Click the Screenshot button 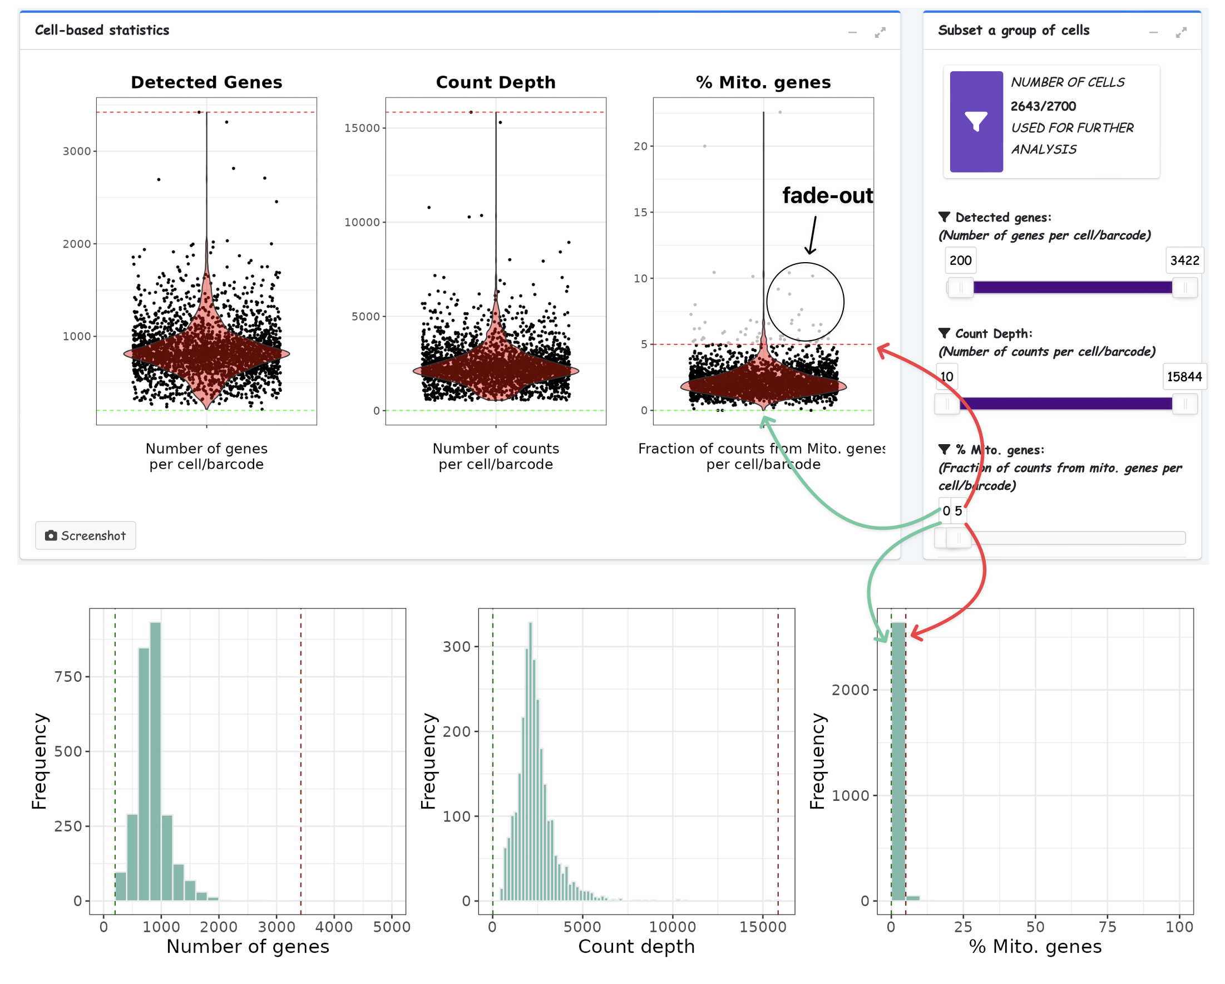point(86,535)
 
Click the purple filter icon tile point(976,122)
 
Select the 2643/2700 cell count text point(1043,106)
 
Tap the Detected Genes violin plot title point(206,82)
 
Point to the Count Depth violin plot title point(496,82)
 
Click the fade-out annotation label point(827,195)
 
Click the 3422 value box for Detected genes point(1184,260)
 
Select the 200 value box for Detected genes point(960,260)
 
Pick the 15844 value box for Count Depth point(1184,376)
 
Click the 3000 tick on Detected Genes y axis point(77,151)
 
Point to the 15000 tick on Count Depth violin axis point(362,128)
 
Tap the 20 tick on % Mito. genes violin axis point(640,146)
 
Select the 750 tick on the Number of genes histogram point(68,676)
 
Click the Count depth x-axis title point(636,947)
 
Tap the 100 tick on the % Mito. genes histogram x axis point(1179,927)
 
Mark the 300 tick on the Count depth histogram point(456,646)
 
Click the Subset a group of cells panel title point(1013,30)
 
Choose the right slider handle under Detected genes point(1184,288)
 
